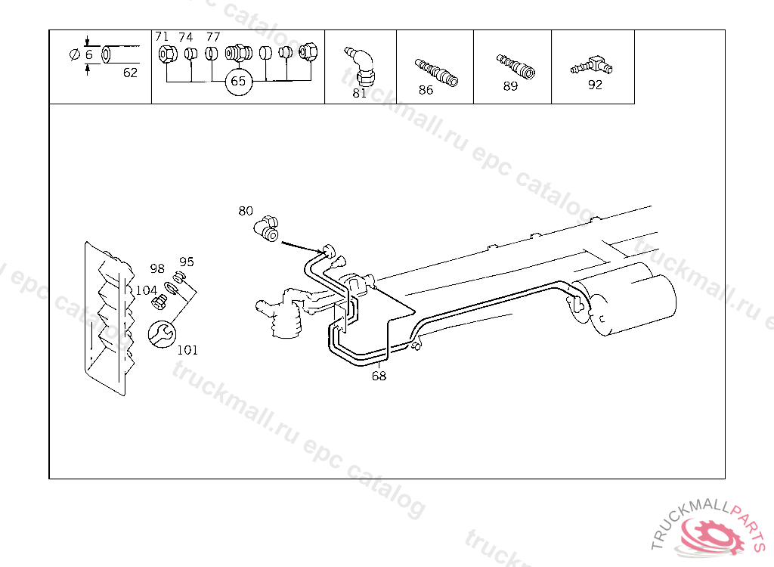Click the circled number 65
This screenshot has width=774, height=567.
click(x=238, y=82)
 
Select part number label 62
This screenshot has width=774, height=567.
click(x=130, y=73)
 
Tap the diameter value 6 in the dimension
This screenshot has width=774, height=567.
click(x=89, y=55)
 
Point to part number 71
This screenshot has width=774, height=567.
click(x=162, y=36)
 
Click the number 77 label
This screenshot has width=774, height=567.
click(x=213, y=37)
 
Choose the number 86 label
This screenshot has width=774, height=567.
click(x=426, y=90)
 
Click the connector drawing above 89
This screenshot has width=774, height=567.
click(x=515, y=67)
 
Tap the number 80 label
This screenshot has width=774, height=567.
click(x=246, y=211)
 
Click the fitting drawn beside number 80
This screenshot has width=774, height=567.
click(x=267, y=228)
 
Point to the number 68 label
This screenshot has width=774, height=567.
click(x=379, y=376)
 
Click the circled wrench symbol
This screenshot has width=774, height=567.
click(x=162, y=334)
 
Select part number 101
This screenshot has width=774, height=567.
click(x=187, y=350)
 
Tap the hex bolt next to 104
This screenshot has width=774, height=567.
click(x=159, y=302)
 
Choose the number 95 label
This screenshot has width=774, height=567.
click(x=187, y=262)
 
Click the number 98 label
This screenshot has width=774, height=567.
click(x=157, y=268)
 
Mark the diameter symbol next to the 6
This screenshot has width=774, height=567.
click(x=75, y=55)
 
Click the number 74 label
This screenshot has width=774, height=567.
click(x=186, y=37)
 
